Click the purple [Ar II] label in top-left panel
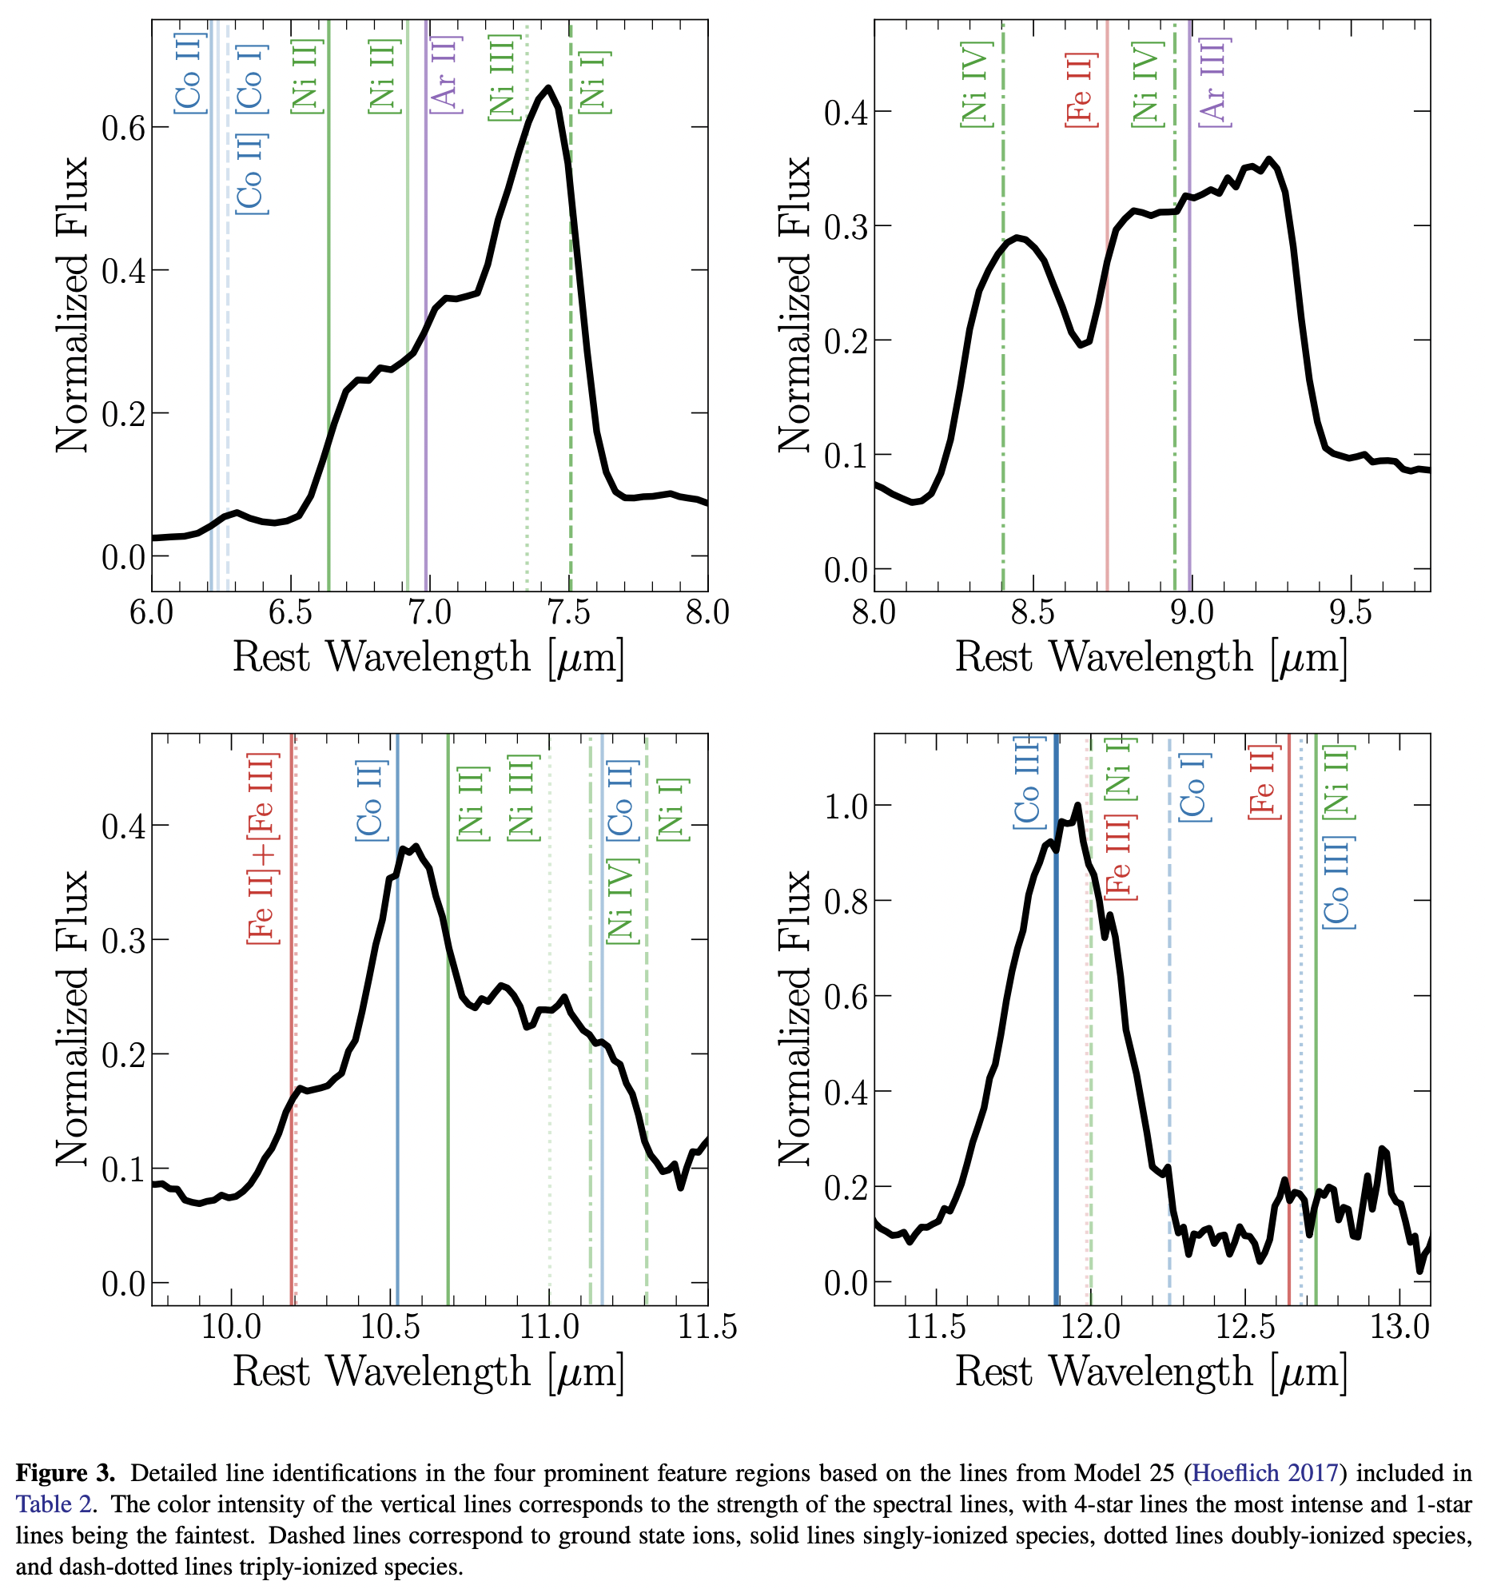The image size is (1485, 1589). [x=445, y=74]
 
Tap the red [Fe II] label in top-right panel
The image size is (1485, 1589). [x=1081, y=89]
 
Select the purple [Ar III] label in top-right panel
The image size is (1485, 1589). [x=1214, y=82]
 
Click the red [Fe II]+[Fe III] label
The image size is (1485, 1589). [x=263, y=848]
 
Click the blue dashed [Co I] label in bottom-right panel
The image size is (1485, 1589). [x=1194, y=787]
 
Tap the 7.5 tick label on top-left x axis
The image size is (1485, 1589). [x=568, y=613]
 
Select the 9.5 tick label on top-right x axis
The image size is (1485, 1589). [x=1350, y=613]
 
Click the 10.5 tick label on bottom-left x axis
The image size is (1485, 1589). [x=389, y=1328]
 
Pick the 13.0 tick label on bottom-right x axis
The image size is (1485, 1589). [x=1399, y=1328]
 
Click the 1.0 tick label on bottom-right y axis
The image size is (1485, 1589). [x=846, y=806]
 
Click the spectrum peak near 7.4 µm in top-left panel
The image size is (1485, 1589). [x=547, y=88]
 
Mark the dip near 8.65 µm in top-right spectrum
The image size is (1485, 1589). [x=1081, y=344]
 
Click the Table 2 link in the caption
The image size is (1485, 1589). [x=54, y=1504]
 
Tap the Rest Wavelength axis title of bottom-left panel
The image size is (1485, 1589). [x=428, y=1372]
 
